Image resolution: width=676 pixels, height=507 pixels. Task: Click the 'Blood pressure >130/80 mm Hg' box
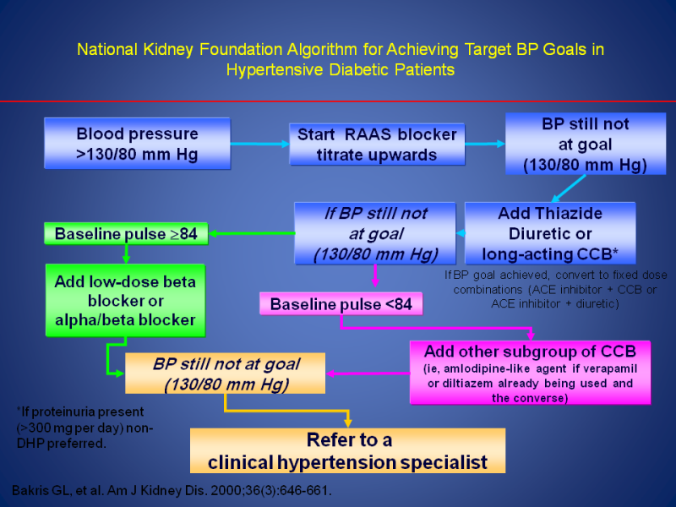click(x=137, y=144)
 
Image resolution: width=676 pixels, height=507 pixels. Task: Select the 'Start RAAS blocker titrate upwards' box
click(x=376, y=144)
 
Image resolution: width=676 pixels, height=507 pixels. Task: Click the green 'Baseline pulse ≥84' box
click(x=126, y=233)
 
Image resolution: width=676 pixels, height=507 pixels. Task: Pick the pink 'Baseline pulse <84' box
click(x=341, y=303)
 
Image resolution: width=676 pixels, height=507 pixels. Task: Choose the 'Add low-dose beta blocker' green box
click(x=125, y=300)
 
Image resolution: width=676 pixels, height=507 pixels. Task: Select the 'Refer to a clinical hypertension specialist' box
click(x=347, y=450)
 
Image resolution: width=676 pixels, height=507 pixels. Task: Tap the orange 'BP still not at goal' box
click(x=226, y=373)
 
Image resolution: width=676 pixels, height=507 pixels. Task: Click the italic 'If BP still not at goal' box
click(x=376, y=233)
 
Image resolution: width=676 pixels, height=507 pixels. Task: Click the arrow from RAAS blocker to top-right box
click(x=484, y=144)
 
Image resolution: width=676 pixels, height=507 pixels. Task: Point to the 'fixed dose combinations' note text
click(x=555, y=289)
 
